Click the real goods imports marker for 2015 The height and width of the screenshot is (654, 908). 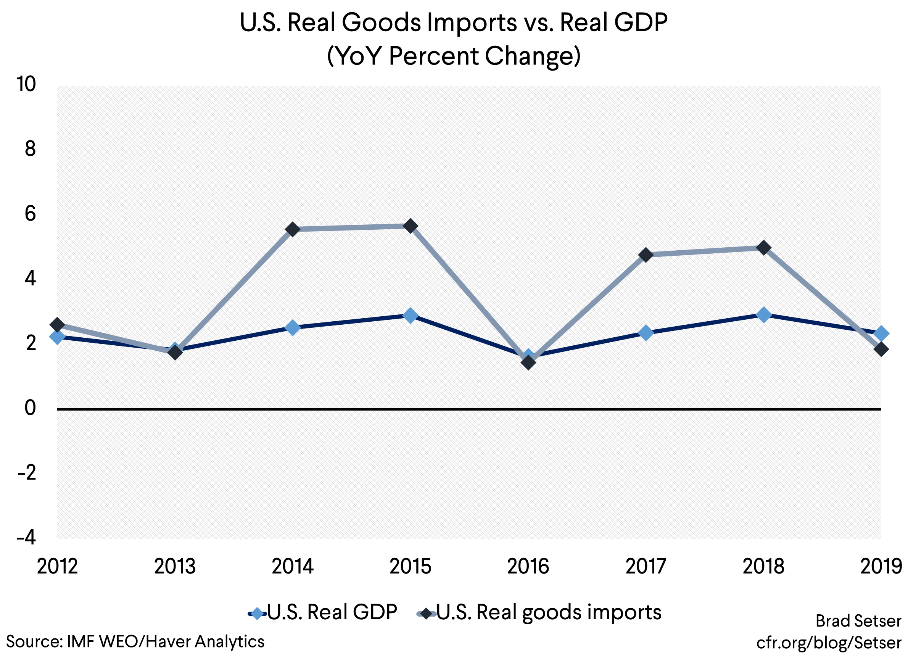tap(411, 226)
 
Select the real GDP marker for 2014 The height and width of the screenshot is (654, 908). tap(293, 328)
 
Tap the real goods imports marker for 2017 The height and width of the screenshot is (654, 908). tap(646, 255)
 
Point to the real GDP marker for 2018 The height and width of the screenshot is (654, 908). tap(763, 314)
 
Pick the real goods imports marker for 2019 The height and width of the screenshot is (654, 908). tap(881, 349)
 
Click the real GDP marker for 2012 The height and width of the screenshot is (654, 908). tap(57, 337)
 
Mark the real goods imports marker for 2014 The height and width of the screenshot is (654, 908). tap(293, 229)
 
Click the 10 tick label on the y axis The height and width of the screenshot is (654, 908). tap(26, 84)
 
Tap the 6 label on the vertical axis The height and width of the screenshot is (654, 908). tap(30, 213)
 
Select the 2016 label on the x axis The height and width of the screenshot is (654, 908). tap(528, 566)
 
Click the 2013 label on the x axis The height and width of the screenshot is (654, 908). tap(175, 566)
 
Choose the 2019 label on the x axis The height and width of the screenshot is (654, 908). tap(881, 566)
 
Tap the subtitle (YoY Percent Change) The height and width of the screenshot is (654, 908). tap(454, 56)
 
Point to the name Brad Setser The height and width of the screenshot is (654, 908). tap(858, 621)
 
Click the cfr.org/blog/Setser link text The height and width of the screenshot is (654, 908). tap(828, 643)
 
